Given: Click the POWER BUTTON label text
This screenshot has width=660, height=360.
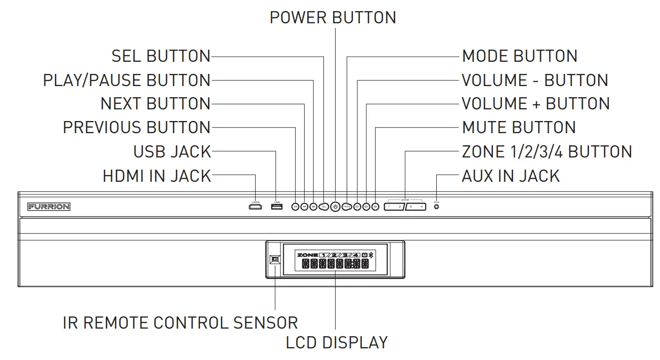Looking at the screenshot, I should tap(333, 17).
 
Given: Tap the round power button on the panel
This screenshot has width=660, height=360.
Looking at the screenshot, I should tap(335, 207).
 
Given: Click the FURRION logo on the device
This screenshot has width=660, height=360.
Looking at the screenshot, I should tap(49, 207).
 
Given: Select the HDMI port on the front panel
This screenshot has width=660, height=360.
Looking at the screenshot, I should tap(256, 207).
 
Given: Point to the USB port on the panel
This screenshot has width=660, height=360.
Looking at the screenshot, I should tap(276, 207).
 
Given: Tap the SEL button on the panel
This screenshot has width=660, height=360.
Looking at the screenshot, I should tap(324, 207).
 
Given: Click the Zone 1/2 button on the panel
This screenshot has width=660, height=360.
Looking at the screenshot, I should tap(394, 207).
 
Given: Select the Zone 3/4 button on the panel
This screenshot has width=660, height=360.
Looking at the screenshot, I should tap(416, 207).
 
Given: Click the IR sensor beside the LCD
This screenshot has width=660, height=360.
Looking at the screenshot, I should tap(275, 259).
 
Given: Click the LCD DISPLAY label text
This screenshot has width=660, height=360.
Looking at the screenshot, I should tap(337, 342).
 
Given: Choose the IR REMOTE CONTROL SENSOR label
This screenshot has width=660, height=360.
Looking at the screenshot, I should tap(180, 323).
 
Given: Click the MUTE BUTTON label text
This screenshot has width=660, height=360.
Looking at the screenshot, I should tap(519, 128).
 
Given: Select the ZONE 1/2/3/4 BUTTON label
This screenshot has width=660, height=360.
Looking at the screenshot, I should tap(547, 151).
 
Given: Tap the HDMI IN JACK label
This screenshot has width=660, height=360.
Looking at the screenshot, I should tap(156, 176).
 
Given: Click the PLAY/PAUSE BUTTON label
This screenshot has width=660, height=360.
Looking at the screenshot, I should tap(127, 81).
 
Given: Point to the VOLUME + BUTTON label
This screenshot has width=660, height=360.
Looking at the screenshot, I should tap(535, 104).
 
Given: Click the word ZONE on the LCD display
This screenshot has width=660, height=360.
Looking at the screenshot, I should tap(307, 254).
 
